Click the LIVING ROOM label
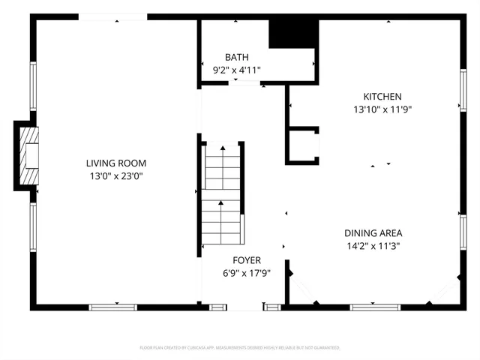pos(115,163)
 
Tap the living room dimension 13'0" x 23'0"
pos(115,176)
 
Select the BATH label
pos(236,58)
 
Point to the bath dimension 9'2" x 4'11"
pos(236,70)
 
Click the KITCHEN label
pos(382,97)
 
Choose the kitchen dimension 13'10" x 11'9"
pos(382,109)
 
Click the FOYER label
pos(246,260)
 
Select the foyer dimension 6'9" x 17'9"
pos(246,274)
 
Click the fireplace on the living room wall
pos(28,155)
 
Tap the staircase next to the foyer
pos(221,195)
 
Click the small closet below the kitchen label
pos(304,145)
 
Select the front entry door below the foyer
pos(245,307)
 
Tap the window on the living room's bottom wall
pos(112,306)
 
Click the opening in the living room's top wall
pos(116,16)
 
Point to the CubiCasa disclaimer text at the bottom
pos(240,348)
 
